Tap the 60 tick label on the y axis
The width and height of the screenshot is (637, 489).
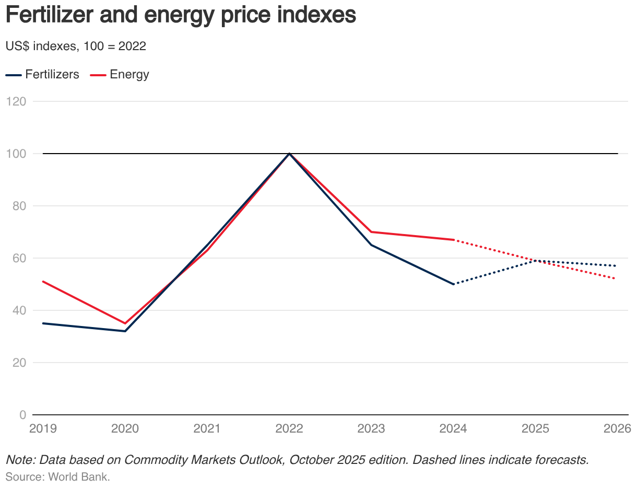[x=19, y=258]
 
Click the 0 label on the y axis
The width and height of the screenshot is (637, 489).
[x=22, y=415]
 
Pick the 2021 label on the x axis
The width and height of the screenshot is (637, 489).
[x=207, y=429]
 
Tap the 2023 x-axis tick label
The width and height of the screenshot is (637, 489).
[x=371, y=429]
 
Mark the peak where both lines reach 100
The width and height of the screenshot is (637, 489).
[x=289, y=154]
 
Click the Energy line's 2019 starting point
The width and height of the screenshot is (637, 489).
[x=43, y=282]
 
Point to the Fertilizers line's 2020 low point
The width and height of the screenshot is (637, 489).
[x=125, y=331]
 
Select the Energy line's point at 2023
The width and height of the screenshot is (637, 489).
[x=371, y=232]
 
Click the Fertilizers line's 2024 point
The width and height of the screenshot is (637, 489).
[x=453, y=284]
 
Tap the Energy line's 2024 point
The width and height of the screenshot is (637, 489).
[x=453, y=240]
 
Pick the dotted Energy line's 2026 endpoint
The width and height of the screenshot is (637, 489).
[x=616, y=279]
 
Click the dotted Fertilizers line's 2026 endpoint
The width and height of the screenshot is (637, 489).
[x=616, y=266]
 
